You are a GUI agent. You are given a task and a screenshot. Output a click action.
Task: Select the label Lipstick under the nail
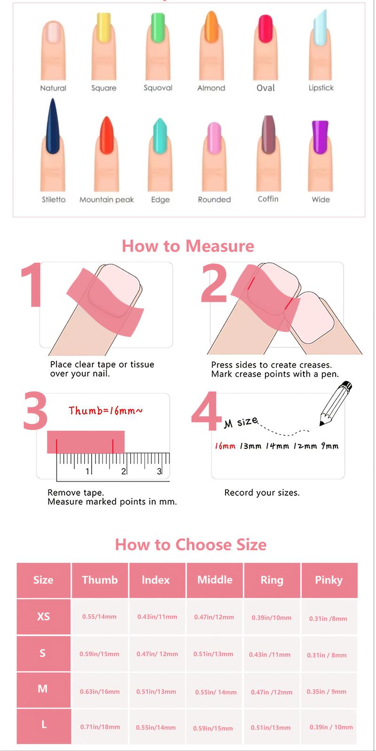[321, 88]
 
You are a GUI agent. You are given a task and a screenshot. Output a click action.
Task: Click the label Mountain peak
[107, 199]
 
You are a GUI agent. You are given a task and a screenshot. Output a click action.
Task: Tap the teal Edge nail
[160, 136]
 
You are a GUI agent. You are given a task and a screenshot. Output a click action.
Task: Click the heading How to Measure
[188, 246]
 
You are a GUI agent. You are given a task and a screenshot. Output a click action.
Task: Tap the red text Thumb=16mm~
[106, 411]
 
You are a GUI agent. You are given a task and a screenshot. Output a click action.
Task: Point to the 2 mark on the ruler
[123, 471]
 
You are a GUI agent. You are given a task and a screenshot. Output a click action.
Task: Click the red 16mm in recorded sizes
[225, 446]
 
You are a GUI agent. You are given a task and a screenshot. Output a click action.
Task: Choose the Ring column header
[272, 580]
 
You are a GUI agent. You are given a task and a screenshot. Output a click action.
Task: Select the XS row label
[43, 617]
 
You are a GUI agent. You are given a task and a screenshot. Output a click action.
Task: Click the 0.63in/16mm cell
[100, 691]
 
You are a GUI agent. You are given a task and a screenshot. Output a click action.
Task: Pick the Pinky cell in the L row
[331, 727]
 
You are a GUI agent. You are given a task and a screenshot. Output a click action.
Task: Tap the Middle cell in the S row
[213, 654]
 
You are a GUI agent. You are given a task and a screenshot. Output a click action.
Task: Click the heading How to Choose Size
[190, 544]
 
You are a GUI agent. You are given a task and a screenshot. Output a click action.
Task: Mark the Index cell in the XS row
[157, 617]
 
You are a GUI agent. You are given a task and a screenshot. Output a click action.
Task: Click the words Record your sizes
[262, 492]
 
